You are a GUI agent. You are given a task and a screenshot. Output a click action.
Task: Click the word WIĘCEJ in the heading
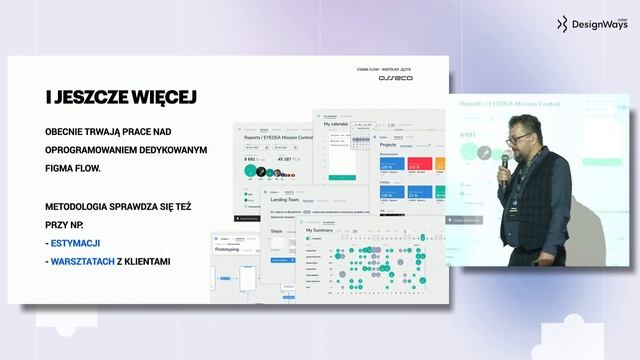pos(159,96)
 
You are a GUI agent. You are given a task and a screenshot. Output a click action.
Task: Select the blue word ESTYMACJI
pos(75,245)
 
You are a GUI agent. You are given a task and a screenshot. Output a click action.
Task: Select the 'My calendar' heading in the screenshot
pos(338,125)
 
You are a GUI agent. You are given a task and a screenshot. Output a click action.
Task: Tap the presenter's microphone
pos(505,160)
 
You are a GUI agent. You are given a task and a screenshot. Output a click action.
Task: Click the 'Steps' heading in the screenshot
pos(278,230)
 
